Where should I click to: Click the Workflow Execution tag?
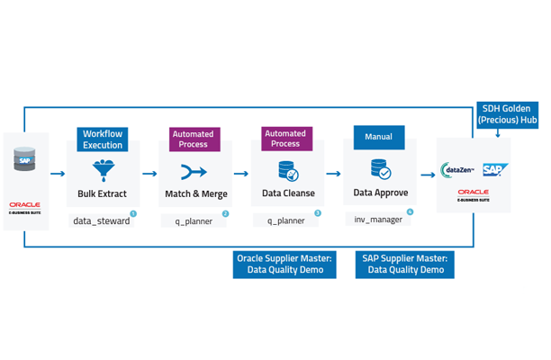(103, 139)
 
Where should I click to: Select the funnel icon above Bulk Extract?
(102, 169)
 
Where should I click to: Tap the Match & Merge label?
(196, 193)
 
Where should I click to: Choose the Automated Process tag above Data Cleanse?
(285, 139)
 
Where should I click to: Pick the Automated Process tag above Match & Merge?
(194, 139)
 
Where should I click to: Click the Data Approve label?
(380, 193)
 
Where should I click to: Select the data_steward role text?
(101, 220)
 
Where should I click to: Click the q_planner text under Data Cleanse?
(285, 220)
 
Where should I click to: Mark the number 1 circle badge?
(133, 213)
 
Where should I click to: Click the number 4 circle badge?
(410, 213)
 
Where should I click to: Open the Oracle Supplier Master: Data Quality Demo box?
(285, 264)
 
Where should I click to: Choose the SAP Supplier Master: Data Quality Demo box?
(404, 264)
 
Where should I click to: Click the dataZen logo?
(458, 168)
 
